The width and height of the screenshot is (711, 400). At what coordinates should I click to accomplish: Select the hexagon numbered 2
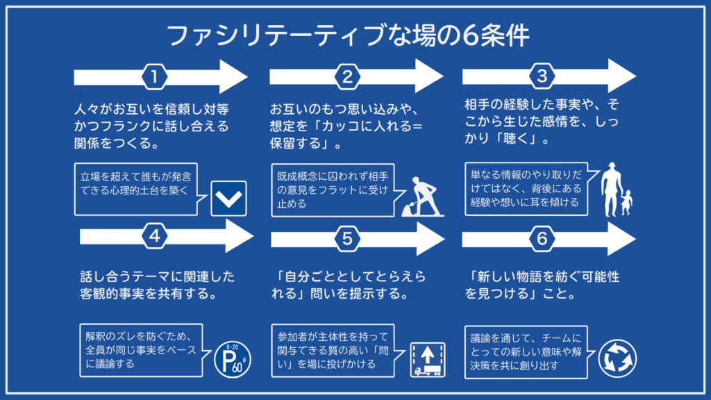[x=347, y=77]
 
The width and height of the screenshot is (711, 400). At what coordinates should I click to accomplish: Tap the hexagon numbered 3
[x=542, y=76]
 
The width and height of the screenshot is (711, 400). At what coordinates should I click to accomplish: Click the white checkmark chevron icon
[x=228, y=199]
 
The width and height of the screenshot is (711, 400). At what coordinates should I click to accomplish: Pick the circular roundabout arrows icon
[x=617, y=358]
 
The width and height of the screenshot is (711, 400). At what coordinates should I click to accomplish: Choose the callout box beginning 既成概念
[x=328, y=188]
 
